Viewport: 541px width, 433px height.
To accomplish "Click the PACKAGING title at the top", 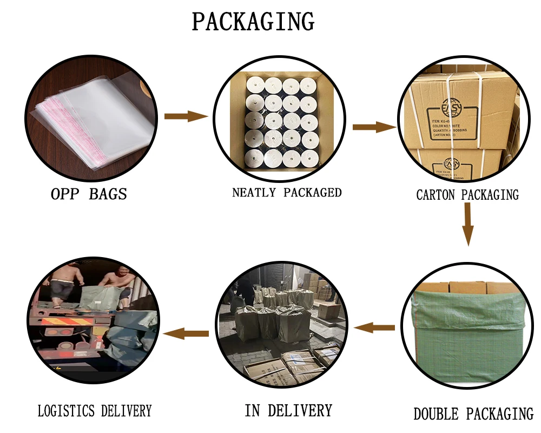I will [x=253, y=22].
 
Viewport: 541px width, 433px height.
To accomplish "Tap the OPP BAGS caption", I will [x=89, y=194].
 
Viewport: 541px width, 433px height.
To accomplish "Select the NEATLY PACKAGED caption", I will [x=287, y=192].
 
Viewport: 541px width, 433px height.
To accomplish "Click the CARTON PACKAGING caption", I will [x=467, y=195].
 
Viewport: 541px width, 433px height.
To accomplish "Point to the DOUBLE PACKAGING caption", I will [x=473, y=415].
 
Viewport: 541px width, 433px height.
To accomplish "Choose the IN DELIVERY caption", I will [x=288, y=410].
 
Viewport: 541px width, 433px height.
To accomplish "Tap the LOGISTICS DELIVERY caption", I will [x=95, y=411].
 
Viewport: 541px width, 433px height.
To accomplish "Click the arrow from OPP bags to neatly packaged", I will [x=186, y=116].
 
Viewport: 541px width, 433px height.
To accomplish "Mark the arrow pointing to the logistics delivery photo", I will [x=186, y=333].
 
